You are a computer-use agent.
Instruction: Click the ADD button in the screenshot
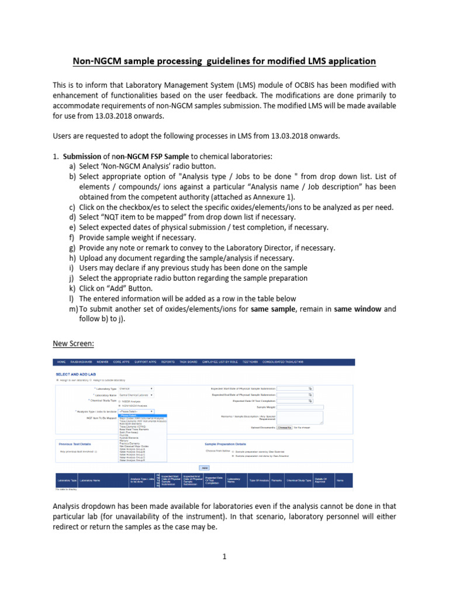[x=205, y=467]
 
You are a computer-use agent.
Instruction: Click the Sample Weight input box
[x=299, y=407]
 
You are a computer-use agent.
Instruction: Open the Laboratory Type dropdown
[x=136, y=388]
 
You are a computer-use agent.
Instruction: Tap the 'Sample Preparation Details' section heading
[x=229, y=444]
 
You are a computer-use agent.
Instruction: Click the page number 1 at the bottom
[x=224, y=557]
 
